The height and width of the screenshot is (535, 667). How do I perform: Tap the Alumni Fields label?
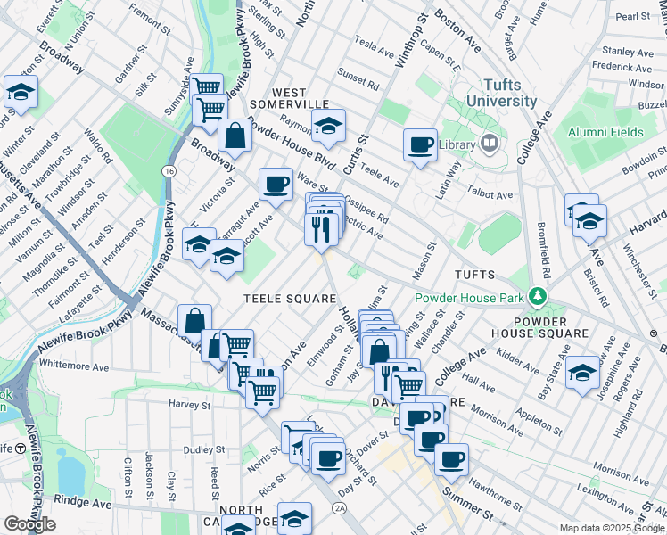tap(605, 132)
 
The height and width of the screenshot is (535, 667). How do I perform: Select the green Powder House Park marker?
tap(537, 295)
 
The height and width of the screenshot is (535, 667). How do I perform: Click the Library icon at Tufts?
tap(490, 144)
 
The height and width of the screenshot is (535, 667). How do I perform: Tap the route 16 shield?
tap(168, 169)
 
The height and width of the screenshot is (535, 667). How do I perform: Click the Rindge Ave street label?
tap(84, 503)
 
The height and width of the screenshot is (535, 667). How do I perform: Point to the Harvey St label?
tap(189, 404)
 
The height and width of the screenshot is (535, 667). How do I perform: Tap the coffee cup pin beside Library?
tap(420, 144)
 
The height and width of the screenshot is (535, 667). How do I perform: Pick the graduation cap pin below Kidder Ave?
tap(582, 371)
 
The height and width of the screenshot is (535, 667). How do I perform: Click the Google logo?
tap(29, 524)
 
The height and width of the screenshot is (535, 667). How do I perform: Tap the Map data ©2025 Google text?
tap(612, 528)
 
